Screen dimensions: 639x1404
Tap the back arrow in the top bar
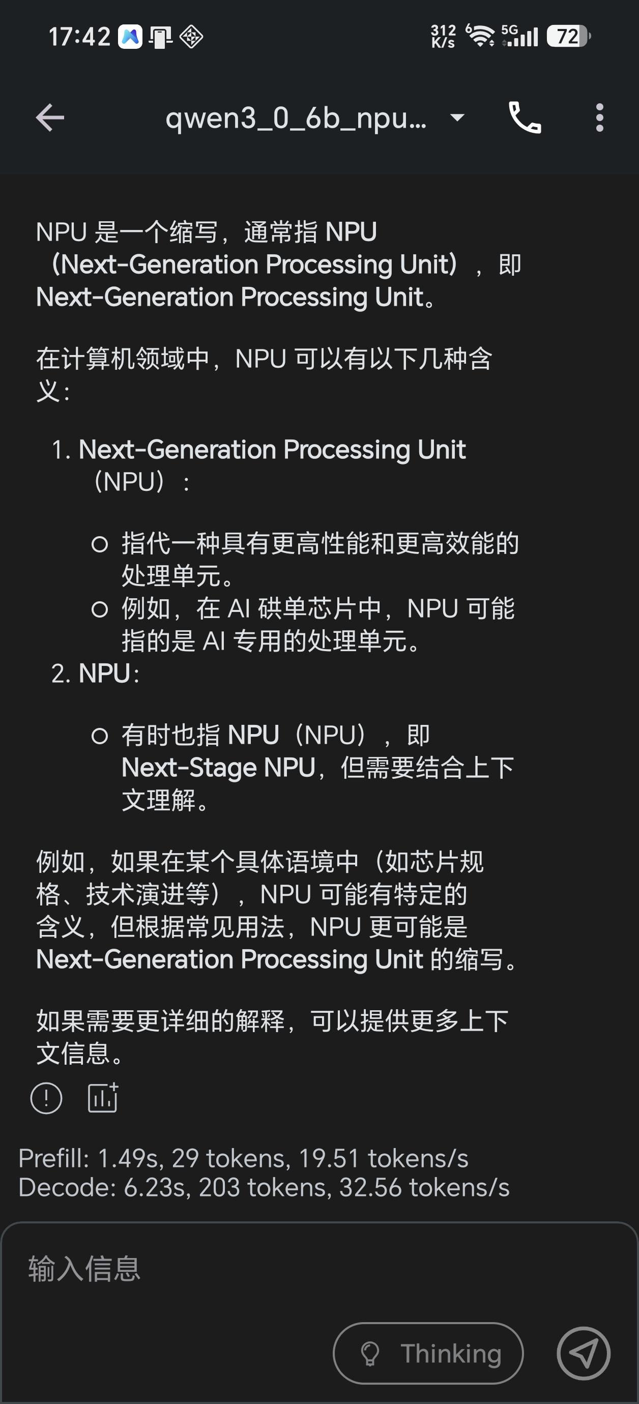click(50, 117)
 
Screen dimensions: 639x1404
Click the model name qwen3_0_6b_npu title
click(296, 118)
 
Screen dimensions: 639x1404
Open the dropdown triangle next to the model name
click(457, 116)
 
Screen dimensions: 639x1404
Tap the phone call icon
click(525, 117)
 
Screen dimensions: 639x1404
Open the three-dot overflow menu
click(600, 117)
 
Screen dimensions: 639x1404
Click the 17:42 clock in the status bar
click(79, 37)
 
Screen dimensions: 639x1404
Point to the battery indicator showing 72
click(568, 37)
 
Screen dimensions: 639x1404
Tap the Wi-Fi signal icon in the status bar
click(480, 36)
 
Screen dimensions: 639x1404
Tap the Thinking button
click(428, 1353)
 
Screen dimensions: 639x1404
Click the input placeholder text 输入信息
click(84, 1269)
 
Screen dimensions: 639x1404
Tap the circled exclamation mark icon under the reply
click(46, 1098)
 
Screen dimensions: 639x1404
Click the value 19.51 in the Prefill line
click(329, 1158)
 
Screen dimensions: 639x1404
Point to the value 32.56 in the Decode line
click(371, 1187)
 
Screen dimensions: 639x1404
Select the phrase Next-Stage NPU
click(219, 768)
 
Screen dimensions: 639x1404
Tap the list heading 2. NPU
click(96, 673)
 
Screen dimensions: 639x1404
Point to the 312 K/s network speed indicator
click(443, 36)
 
